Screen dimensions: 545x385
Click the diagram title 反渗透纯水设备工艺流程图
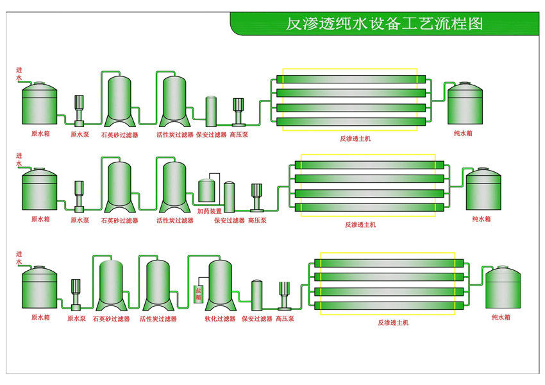pos(385,24)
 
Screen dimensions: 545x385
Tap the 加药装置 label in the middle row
pos(209,211)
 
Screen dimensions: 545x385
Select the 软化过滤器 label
pos(220,318)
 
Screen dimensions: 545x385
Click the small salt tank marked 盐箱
pos(198,294)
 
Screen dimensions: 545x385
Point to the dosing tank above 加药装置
pos(206,190)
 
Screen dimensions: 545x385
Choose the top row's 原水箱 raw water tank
pos(39,103)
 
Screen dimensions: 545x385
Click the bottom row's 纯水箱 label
pos(501,317)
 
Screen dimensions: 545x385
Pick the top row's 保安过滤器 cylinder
pos(211,112)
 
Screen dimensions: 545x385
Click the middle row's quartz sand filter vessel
pos(119,187)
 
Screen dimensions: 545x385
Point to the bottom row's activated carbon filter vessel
pos(158,286)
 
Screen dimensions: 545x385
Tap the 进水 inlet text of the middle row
pos(19,160)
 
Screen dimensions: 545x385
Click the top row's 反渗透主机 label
pos(355,139)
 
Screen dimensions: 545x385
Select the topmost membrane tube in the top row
pos(351,79)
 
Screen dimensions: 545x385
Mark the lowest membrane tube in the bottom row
pos(389,306)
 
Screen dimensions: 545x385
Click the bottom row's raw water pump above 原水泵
pos(76,295)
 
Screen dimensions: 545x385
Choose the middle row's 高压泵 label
pos(257,221)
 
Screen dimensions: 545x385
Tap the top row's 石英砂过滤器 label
pos(119,135)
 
